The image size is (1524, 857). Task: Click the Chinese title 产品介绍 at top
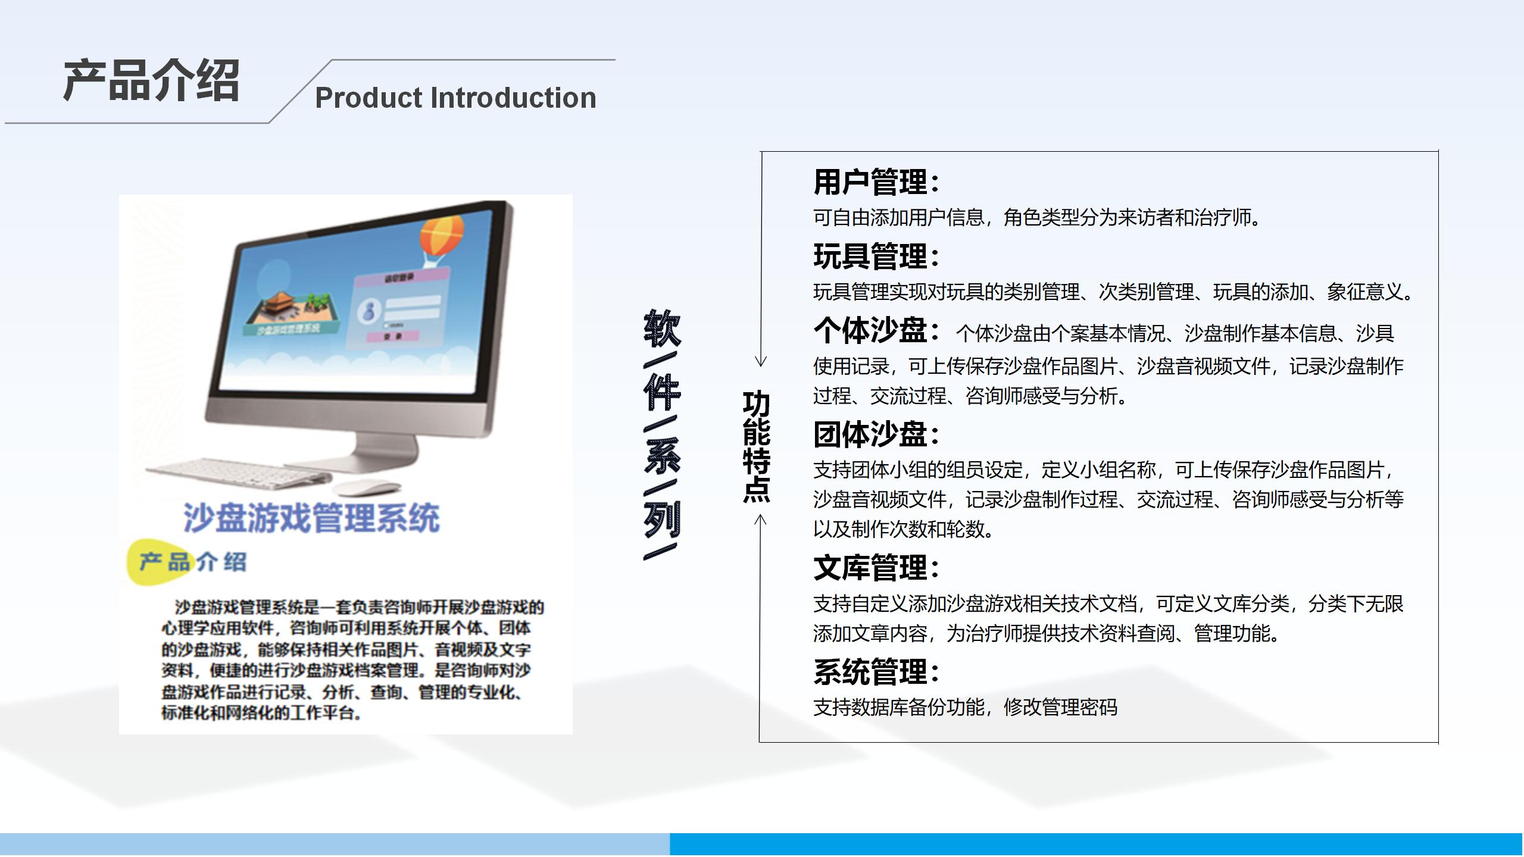point(151,80)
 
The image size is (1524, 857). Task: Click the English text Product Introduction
point(455,98)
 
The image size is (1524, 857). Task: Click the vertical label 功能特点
point(756,446)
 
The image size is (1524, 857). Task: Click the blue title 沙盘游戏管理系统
point(311,517)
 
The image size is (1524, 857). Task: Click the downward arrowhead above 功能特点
point(761,361)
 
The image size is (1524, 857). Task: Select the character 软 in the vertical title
point(662,329)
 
